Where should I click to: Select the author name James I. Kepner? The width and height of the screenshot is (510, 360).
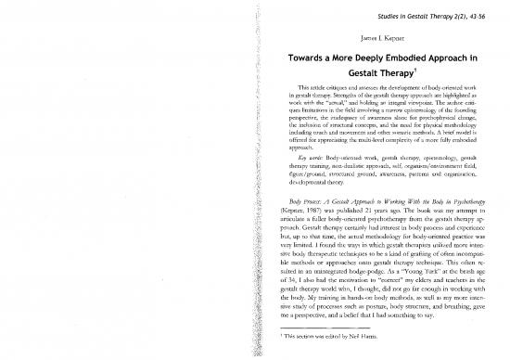pos(356,38)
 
